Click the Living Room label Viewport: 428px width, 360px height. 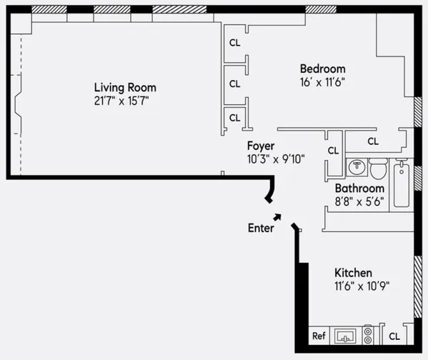click(x=125, y=88)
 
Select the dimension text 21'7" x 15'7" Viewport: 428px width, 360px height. click(x=125, y=101)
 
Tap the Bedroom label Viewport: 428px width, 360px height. click(x=322, y=69)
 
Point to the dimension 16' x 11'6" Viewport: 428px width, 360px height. click(x=322, y=81)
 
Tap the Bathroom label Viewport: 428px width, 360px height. click(x=361, y=189)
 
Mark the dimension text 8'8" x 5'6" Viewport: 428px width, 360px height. click(x=361, y=202)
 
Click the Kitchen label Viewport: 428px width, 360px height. click(x=354, y=273)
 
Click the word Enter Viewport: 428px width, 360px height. click(x=261, y=229)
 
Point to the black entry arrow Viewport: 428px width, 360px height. click(x=277, y=217)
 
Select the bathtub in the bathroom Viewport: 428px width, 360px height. click(x=402, y=185)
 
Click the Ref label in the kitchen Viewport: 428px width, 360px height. click(x=319, y=336)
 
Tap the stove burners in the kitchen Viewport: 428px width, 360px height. click(x=368, y=334)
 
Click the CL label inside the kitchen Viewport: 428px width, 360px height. click(x=394, y=336)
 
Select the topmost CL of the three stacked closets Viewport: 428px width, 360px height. click(x=234, y=41)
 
